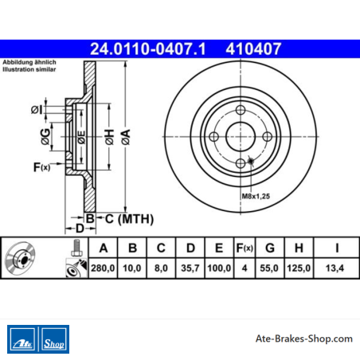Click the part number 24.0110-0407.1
(x=148, y=49)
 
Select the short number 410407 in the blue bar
(x=253, y=49)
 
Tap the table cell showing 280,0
(x=103, y=268)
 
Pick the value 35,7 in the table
(x=190, y=268)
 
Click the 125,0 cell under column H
(x=299, y=268)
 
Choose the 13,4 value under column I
(x=335, y=268)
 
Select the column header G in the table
(x=270, y=248)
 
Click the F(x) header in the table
(x=245, y=248)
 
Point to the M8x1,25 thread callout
(x=256, y=196)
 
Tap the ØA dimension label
(x=126, y=137)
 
